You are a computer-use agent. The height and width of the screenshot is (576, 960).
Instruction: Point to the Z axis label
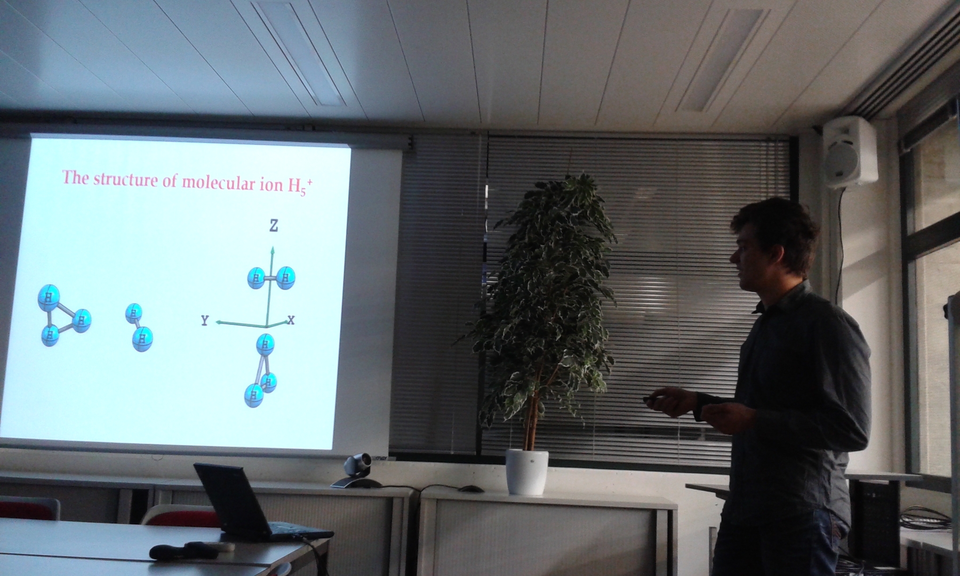[x=274, y=226]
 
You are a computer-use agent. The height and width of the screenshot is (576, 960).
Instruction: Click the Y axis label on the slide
[x=205, y=320]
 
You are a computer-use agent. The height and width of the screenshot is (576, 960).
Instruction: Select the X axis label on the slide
[x=291, y=320]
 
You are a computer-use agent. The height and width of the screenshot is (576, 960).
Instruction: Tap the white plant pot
[x=527, y=471]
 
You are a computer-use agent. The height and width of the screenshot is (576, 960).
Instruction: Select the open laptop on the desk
[x=256, y=503]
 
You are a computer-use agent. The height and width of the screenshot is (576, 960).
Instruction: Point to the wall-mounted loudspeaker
[x=850, y=151]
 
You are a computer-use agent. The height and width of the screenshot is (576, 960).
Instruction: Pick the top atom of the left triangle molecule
[x=49, y=298]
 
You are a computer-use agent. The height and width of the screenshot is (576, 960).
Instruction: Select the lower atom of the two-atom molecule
[x=142, y=339]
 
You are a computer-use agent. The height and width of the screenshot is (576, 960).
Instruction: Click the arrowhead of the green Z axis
[x=273, y=250]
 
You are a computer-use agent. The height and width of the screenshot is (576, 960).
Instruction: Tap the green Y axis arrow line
[x=241, y=324]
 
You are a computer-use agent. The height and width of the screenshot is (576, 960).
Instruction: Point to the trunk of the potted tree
[x=530, y=411]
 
